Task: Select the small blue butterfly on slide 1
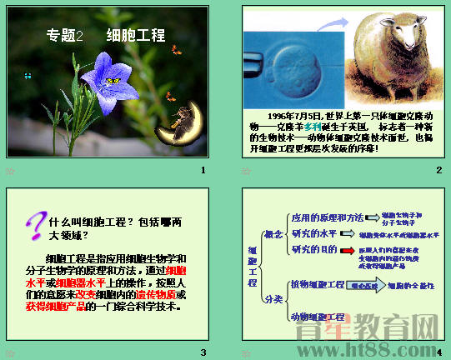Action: [28, 76]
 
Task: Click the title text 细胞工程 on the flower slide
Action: [136, 36]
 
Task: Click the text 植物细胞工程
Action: [317, 285]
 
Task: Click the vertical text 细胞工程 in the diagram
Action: [253, 267]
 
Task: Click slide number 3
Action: [203, 351]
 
